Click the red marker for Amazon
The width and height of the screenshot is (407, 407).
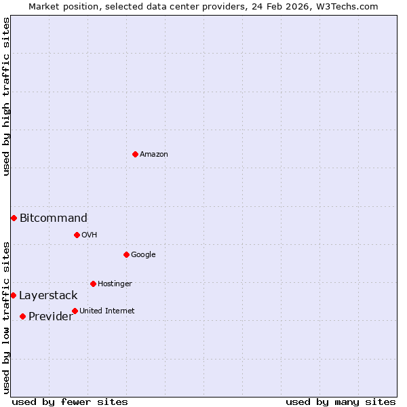click(x=135, y=154)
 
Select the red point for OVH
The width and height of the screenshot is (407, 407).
click(x=77, y=235)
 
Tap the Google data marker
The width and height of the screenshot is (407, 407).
click(x=126, y=254)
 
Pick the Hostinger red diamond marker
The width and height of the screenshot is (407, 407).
click(x=93, y=284)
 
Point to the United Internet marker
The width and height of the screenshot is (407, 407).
click(x=75, y=311)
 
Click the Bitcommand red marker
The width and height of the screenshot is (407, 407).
click(x=14, y=218)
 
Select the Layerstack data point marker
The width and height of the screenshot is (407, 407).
click(x=13, y=295)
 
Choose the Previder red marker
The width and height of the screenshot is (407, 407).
click(x=22, y=316)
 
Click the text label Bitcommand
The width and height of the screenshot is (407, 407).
click(x=54, y=218)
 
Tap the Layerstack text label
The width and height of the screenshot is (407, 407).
click(x=48, y=295)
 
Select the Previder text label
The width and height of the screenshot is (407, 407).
click(x=50, y=317)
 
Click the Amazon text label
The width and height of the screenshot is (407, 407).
click(x=154, y=154)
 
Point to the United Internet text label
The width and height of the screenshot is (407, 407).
click(x=107, y=311)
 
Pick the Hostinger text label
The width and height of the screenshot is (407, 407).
click(x=115, y=284)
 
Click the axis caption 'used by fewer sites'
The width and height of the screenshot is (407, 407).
click(x=70, y=402)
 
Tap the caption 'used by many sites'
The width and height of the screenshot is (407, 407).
click(x=341, y=402)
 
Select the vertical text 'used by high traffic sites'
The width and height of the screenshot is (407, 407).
click(x=6, y=96)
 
